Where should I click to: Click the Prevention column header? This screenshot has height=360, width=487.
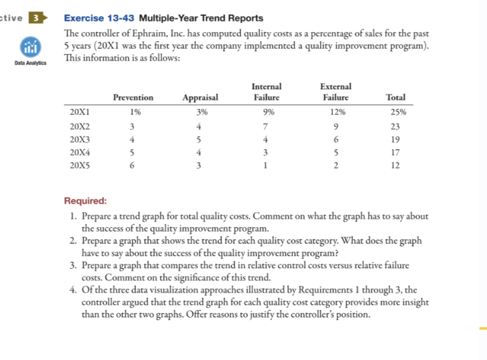pos(133,98)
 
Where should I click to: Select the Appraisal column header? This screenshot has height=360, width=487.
pos(200,98)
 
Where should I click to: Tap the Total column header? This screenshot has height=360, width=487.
pos(395,98)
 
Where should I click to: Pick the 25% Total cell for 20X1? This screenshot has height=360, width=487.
pos(396,111)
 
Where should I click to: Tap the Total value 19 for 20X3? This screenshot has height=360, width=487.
pos(395,139)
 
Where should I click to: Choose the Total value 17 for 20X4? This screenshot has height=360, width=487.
pos(395,152)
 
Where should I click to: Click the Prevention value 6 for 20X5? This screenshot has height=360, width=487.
pos(133,166)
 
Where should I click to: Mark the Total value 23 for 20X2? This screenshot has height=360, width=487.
pos(395,126)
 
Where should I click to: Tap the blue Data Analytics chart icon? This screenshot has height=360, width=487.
pos(29,46)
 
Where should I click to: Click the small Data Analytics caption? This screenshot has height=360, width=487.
pos(29,61)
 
